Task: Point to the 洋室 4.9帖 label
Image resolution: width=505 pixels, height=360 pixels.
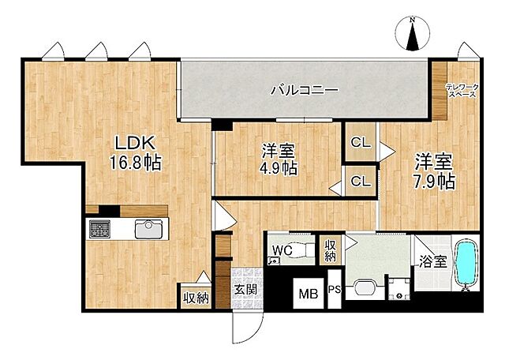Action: coord(279,158)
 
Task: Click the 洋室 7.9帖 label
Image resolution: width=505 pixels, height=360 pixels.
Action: coord(435,171)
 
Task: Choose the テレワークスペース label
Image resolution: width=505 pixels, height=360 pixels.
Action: coord(461,90)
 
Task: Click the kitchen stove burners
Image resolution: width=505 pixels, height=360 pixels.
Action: coord(101,230)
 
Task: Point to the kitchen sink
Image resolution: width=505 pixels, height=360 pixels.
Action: coord(148,230)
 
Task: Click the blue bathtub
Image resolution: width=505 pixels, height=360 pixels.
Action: coord(466,264)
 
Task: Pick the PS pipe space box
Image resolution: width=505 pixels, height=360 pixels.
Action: coord(335,291)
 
